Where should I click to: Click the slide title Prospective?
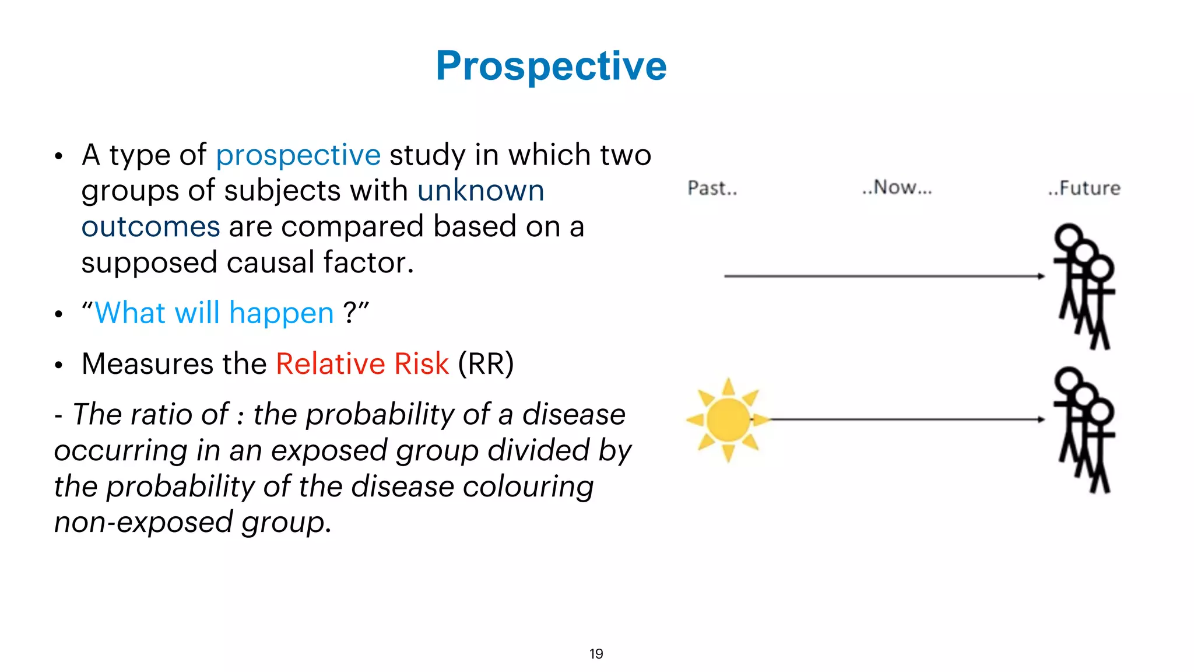click(x=551, y=66)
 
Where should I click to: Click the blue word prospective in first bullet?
click(x=298, y=155)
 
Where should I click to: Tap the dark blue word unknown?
click(x=480, y=191)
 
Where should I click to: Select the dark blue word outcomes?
click(x=150, y=227)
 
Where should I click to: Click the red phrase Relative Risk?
click(x=362, y=364)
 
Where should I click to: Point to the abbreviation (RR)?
click(x=486, y=364)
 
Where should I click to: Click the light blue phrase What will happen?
click(x=214, y=313)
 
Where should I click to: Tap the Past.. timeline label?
click(x=712, y=188)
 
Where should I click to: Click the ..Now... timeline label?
click(x=897, y=188)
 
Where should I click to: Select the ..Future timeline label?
click(x=1084, y=188)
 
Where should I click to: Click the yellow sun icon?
click(x=727, y=419)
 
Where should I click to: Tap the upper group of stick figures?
click(x=1084, y=286)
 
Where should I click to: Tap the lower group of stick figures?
click(x=1084, y=430)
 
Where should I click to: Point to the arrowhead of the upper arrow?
click(x=1041, y=276)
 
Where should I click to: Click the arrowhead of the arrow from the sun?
click(x=1041, y=419)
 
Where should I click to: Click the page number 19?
click(x=596, y=654)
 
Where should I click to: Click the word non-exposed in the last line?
click(x=143, y=522)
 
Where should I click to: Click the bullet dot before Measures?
click(x=58, y=365)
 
